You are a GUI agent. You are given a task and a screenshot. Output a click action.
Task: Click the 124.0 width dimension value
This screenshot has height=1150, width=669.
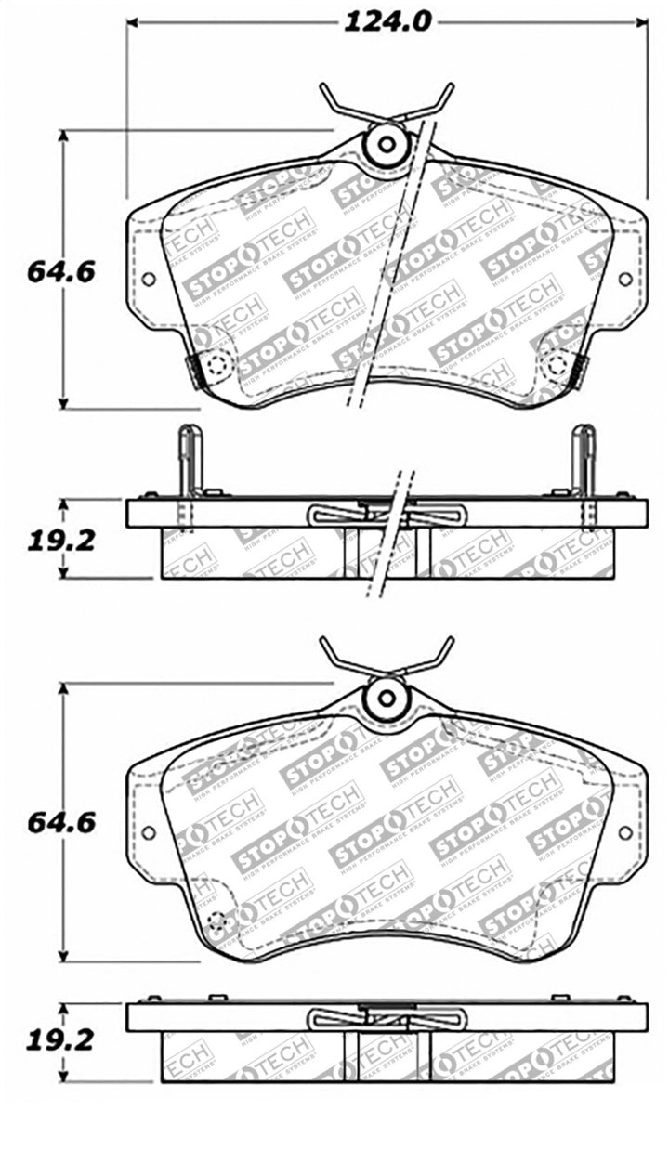point(387,21)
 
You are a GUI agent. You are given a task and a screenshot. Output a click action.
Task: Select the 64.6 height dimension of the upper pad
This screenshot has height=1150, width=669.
point(62,272)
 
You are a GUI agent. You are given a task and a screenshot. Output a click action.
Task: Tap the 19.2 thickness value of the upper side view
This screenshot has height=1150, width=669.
point(62,541)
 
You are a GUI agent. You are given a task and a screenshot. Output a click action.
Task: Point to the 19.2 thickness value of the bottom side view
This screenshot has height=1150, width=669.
point(62,1042)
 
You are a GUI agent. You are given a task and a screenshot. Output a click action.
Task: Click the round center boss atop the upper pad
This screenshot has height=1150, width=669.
point(385,145)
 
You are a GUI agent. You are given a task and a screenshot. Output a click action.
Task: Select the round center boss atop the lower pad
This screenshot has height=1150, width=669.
point(385,698)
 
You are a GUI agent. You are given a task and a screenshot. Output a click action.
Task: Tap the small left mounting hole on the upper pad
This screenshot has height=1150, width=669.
point(148,279)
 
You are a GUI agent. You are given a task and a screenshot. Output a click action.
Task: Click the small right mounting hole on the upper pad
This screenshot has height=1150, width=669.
point(624,279)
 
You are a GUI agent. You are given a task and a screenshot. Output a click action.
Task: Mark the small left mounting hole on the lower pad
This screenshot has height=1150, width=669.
point(148,831)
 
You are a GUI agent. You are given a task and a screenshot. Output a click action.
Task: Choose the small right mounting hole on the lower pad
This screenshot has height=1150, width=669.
point(624,831)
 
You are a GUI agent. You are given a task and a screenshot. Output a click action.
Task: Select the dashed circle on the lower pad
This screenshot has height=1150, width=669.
point(217,923)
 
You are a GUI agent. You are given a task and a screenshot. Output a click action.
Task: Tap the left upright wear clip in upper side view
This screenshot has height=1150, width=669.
point(189,460)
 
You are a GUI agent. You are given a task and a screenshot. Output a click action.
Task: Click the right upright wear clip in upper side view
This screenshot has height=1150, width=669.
point(584,460)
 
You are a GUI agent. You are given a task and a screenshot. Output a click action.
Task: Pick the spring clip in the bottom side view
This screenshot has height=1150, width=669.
point(386,1019)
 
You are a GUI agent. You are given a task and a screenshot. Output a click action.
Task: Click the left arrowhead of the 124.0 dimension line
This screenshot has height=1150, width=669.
point(133,21)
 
